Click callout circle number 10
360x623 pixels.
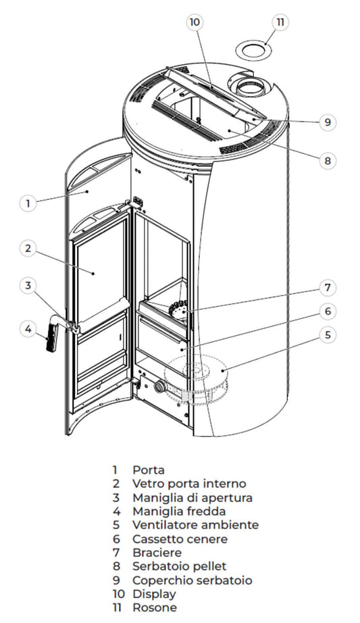click(x=195, y=22)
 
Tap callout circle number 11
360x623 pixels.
click(x=280, y=22)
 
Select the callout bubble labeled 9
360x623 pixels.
click(x=326, y=122)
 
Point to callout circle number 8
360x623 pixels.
click(x=326, y=161)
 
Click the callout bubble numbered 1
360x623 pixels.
click(x=28, y=202)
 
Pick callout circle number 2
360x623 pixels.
click(x=28, y=248)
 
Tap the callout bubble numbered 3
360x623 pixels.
click(x=28, y=286)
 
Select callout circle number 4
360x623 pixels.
click(x=28, y=329)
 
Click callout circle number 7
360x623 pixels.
click(x=326, y=288)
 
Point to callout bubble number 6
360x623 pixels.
click(x=326, y=311)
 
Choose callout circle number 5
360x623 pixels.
click(x=326, y=334)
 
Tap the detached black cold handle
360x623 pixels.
click(x=51, y=339)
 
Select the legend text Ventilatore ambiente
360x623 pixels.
click(x=195, y=524)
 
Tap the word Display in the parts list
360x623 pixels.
click(x=154, y=594)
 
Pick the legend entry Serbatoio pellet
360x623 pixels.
click(x=179, y=566)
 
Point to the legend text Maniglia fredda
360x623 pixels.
click(x=179, y=511)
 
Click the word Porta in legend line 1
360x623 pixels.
click(x=149, y=470)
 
